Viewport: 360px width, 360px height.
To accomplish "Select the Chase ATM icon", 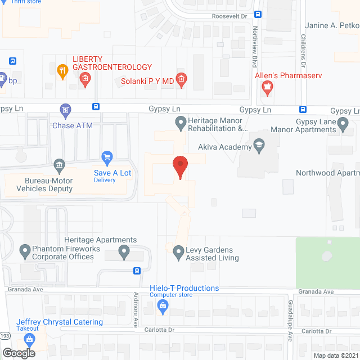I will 66,109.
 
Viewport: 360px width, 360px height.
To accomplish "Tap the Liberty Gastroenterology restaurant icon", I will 64,71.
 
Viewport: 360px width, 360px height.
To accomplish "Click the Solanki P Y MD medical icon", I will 181,80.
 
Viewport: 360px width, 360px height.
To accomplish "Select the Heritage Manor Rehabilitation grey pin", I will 181,121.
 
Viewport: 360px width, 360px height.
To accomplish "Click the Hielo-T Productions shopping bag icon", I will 163,306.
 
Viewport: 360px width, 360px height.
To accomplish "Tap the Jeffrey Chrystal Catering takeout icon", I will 29,339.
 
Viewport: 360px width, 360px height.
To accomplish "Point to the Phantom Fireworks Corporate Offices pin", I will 25,249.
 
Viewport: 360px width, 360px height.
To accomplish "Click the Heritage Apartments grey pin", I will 124,254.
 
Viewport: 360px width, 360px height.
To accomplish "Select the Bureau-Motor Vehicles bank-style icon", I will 58,165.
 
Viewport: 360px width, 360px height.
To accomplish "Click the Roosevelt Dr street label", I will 229,17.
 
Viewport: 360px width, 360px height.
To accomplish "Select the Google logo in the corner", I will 18,353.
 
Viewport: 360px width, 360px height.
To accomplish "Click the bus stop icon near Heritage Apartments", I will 137,271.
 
